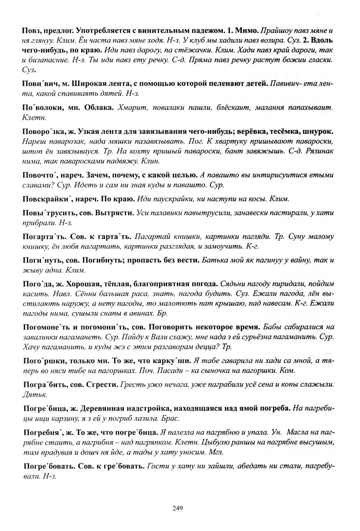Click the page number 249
177,509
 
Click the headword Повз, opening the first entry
31,30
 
